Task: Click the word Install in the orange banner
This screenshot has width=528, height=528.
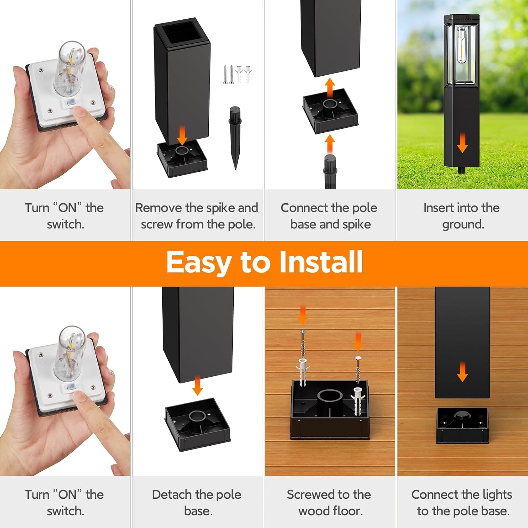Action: coord(321,262)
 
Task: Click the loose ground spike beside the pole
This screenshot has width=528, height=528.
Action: coord(235,137)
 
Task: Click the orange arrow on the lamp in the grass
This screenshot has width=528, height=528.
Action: coord(462,143)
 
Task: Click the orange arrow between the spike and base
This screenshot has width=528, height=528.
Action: coord(329,143)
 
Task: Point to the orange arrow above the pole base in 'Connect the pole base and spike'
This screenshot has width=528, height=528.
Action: coord(329,88)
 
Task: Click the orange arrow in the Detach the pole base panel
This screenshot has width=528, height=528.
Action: coord(197,386)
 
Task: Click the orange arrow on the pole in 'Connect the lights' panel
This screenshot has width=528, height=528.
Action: coord(462,372)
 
